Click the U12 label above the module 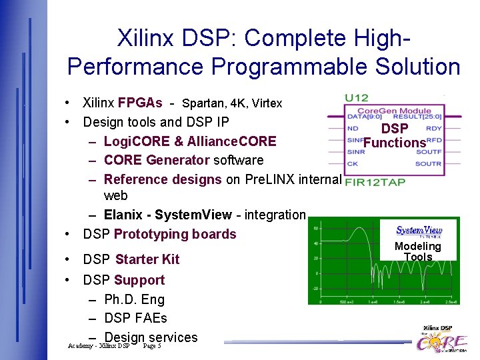pos(356,98)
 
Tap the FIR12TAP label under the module pos(375,181)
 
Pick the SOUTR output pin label pos(428,163)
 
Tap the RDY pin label pos(433,128)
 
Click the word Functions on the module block pos(395,142)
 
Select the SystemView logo pos(419,231)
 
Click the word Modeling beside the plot pos(418,246)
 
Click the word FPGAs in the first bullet pos(140,103)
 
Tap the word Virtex pos(267,103)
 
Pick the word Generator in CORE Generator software pos(178,160)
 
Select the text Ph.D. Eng pos(134,299)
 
